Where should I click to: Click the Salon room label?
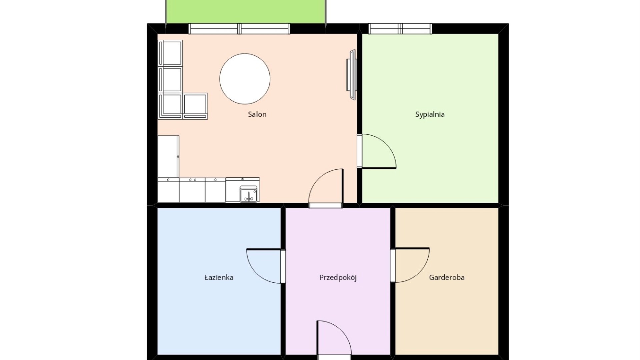pos(257,114)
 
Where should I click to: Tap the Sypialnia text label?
pos(430,115)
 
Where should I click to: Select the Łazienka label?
pos(219,277)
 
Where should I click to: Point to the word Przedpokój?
pos(338,278)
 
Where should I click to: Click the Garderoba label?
pos(447,277)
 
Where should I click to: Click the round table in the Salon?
pos(245,79)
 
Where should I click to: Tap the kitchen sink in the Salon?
pos(248,194)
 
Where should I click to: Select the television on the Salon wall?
pos(351,74)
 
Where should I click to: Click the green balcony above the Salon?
pos(246,12)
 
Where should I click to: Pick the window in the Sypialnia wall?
pos(400,29)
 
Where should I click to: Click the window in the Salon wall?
pos(239,29)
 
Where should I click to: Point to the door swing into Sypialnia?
pos(376,151)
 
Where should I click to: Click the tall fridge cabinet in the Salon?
pos(168,156)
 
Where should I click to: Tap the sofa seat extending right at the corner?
pos(195,106)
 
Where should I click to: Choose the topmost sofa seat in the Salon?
pos(170,53)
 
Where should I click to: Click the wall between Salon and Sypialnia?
pos(360,118)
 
